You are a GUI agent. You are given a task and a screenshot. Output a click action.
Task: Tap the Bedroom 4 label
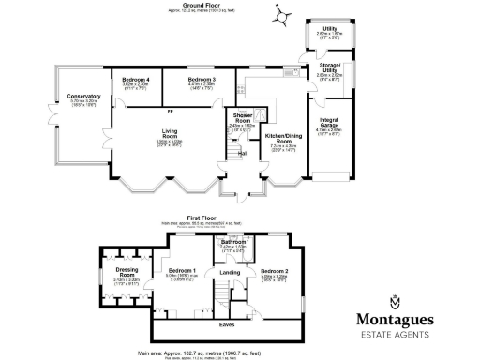click(x=136, y=80)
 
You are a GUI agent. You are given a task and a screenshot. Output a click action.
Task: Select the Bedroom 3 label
click(x=202, y=80)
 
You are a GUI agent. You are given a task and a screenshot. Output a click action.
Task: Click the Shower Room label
click(x=242, y=118)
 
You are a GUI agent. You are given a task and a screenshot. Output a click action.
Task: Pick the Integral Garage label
click(x=328, y=122)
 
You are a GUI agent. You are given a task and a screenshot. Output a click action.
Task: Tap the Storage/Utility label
click(x=330, y=67)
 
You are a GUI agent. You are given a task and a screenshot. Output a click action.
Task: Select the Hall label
click(x=242, y=153)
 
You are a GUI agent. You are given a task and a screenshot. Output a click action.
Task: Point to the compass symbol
click(x=287, y=16)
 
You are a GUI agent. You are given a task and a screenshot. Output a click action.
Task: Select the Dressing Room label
click(x=127, y=271)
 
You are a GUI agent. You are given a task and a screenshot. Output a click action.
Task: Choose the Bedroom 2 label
click(x=275, y=270)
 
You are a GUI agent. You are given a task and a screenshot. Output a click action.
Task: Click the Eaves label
click(x=227, y=324)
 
